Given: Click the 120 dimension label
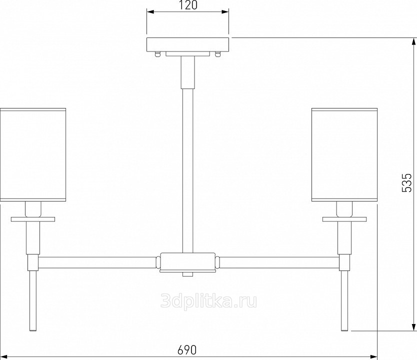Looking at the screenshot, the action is (187, 5).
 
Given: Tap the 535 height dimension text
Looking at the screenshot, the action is (406, 182).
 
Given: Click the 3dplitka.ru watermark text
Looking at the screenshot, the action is (209, 301).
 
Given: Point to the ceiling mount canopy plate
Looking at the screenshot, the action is (188, 44).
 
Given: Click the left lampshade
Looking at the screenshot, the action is (33, 154).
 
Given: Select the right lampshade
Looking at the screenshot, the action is (344, 154).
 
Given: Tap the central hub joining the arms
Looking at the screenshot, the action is (187, 262).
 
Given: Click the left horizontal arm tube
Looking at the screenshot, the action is (97, 262).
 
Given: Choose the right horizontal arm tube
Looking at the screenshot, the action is (279, 262).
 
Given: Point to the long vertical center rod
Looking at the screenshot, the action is (188, 170).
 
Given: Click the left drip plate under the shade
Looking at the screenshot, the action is (33, 219).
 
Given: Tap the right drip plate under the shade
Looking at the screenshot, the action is (344, 219).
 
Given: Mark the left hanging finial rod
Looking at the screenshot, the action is (33, 300).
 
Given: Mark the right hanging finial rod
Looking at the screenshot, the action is (344, 300).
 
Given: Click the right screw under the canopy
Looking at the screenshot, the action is (218, 54).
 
